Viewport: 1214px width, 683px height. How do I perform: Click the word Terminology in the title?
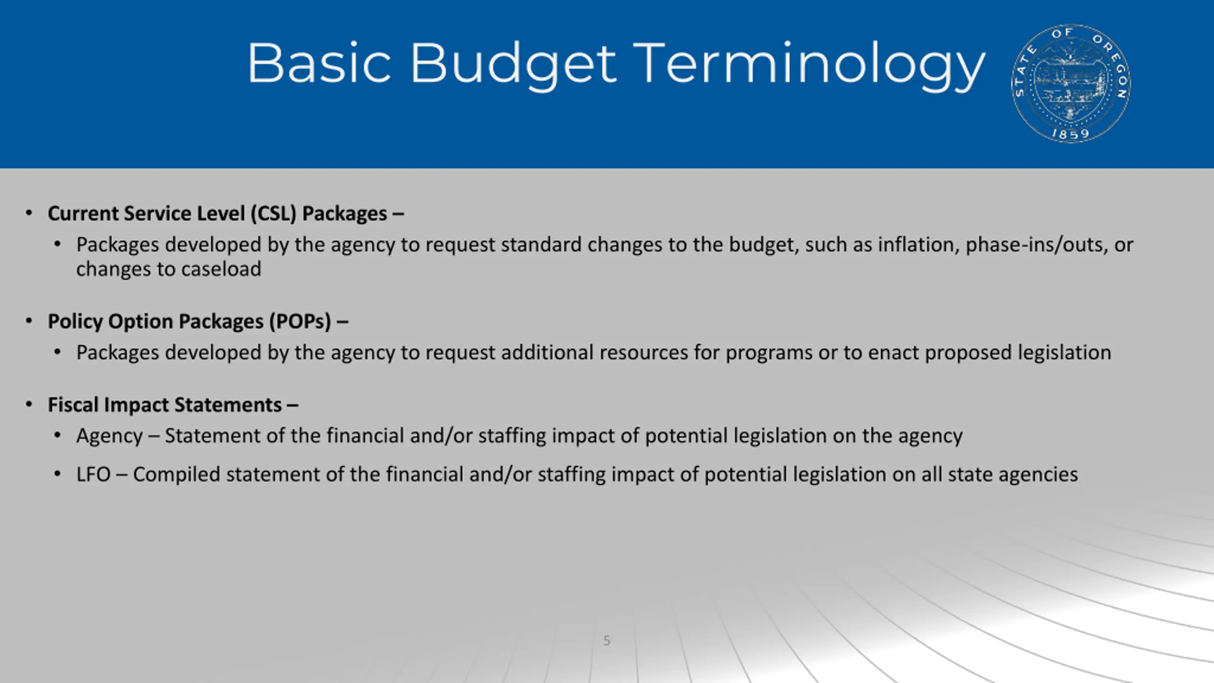pos(809,64)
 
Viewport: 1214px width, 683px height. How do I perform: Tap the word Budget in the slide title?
pos(513,64)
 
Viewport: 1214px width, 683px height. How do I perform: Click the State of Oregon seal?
pos(1071,83)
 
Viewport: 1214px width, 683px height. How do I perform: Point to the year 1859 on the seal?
pos(1070,134)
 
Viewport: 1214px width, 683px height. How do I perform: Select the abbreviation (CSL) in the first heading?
pos(273,213)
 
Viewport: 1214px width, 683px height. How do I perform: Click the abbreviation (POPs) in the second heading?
pos(300,322)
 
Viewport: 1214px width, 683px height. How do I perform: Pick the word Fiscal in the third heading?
pos(73,405)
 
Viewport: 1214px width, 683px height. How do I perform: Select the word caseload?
pos(221,269)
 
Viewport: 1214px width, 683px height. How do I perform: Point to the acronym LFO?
pos(93,474)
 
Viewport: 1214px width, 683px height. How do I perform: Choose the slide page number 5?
pos(607,641)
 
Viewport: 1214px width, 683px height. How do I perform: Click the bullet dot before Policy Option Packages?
pos(29,321)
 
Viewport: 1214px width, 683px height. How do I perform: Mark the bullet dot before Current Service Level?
pos(29,213)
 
